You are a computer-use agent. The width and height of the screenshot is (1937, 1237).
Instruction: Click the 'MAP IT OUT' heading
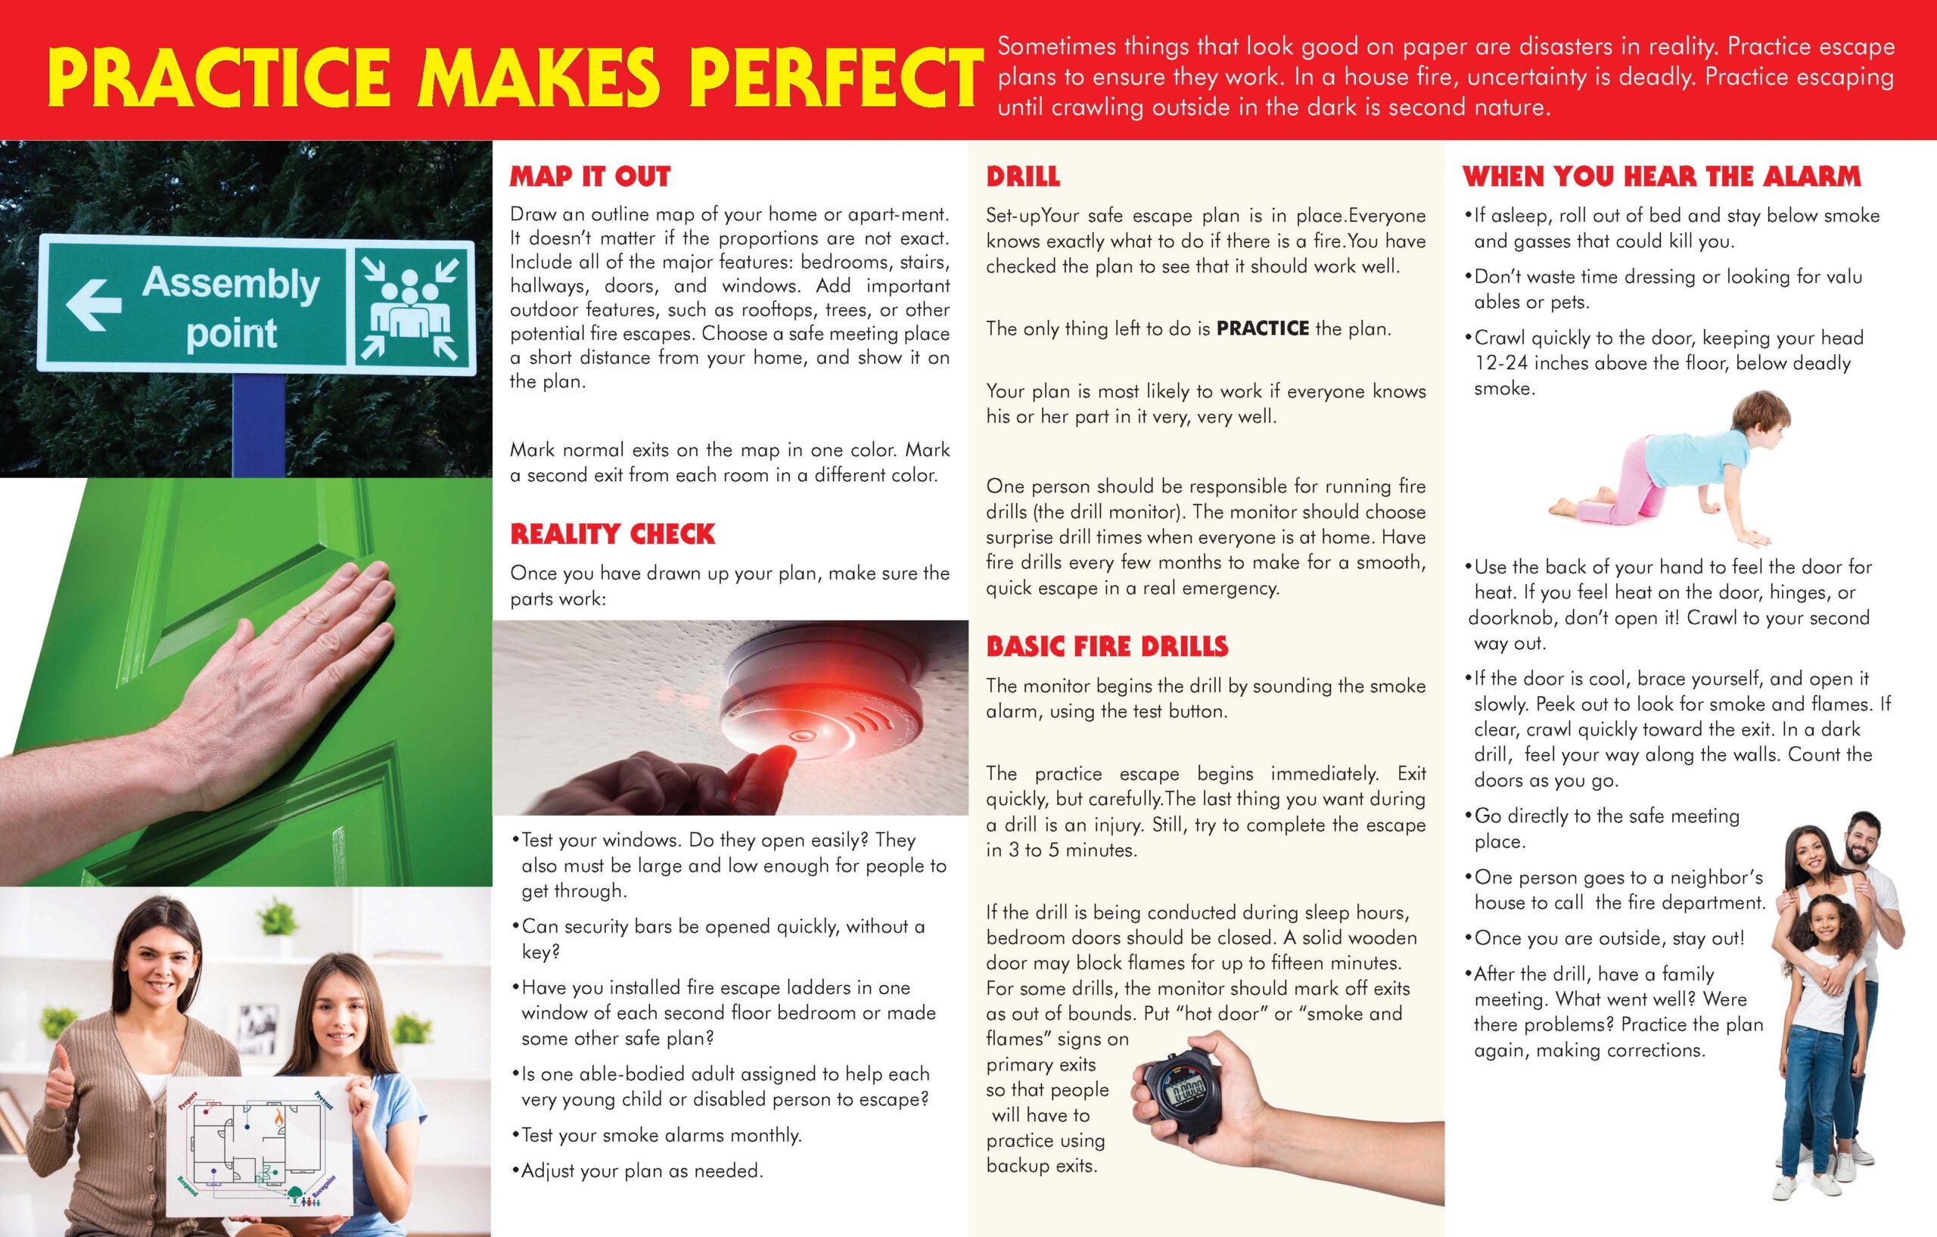(x=589, y=177)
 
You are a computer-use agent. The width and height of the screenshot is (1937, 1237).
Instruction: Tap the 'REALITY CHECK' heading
(x=612, y=534)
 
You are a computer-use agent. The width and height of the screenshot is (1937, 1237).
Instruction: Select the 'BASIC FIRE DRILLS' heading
(x=1107, y=647)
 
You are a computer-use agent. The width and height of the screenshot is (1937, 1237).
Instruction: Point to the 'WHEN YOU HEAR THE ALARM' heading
(x=1661, y=177)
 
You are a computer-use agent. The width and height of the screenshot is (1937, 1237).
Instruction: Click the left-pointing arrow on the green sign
(x=93, y=304)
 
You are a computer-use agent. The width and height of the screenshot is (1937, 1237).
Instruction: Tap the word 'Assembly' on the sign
(x=231, y=284)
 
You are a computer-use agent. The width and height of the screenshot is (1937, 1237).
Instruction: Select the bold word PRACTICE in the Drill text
(x=1263, y=328)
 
